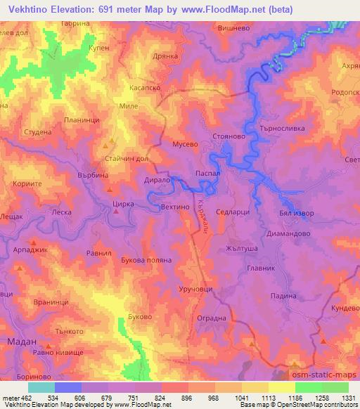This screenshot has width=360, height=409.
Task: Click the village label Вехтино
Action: [175, 208]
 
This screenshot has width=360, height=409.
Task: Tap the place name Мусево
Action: [186, 143]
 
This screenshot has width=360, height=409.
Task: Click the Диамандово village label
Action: [289, 233]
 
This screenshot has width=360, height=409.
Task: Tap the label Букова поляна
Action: [146, 259]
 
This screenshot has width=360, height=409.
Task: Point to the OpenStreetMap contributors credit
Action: [317, 405]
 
